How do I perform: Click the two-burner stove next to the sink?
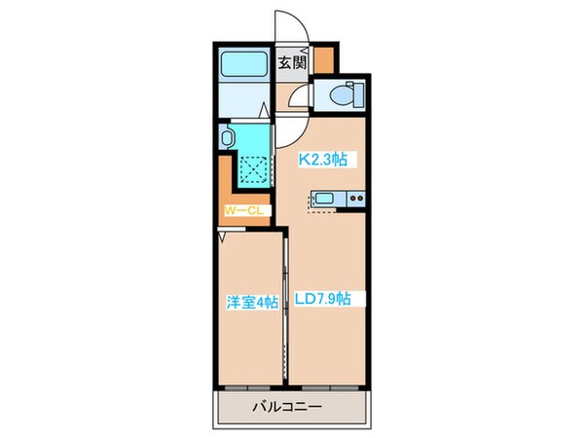(353, 201)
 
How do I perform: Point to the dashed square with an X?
(254, 171)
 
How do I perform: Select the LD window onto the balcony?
(328, 387)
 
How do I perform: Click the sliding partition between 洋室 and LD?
(284, 307)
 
